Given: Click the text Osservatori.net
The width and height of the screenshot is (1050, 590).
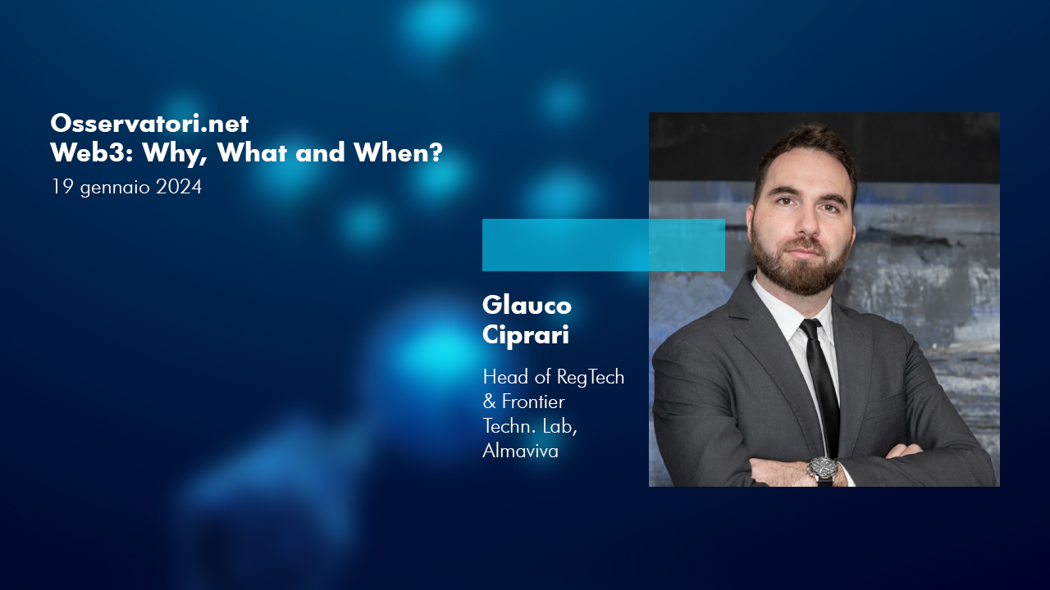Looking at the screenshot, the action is pyautogui.click(x=149, y=123).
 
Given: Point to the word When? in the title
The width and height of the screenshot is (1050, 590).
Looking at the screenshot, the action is pyautogui.click(x=398, y=152).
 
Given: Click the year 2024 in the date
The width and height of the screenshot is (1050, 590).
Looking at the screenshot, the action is pyautogui.click(x=179, y=187).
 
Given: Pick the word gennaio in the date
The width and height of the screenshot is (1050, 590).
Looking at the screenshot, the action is pyautogui.click(x=115, y=188).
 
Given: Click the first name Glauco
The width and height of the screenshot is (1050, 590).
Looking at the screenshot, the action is pyautogui.click(x=527, y=305).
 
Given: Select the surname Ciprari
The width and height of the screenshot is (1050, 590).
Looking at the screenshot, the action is pyautogui.click(x=526, y=335).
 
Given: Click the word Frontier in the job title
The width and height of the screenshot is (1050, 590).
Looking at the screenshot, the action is pyautogui.click(x=533, y=402).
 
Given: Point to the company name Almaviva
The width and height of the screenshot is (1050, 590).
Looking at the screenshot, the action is pyautogui.click(x=520, y=451).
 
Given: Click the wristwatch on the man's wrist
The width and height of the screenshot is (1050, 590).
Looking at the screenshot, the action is pyautogui.click(x=823, y=470).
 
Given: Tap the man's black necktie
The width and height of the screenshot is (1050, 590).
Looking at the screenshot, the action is pyautogui.click(x=820, y=388).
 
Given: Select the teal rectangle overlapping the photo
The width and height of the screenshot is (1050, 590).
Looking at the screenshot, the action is pyautogui.click(x=604, y=245).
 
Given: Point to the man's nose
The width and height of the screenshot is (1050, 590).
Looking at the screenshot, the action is pyautogui.click(x=808, y=220).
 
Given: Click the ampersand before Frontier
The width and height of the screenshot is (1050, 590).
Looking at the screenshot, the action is pyautogui.click(x=489, y=402).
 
